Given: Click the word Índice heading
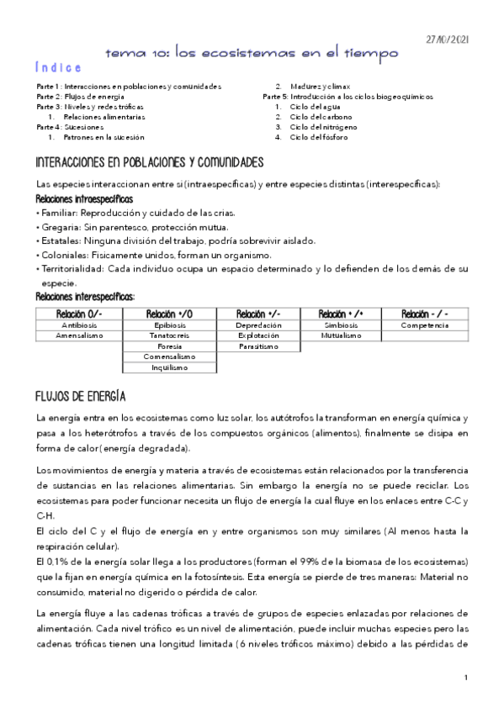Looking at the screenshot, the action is pyautogui.click(x=59, y=68).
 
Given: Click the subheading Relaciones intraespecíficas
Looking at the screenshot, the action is pyautogui.click(x=84, y=199).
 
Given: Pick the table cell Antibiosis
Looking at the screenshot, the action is pyautogui.click(x=79, y=325).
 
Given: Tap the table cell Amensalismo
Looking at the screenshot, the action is pyautogui.click(x=79, y=335).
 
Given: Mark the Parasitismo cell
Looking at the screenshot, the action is pyautogui.click(x=258, y=346).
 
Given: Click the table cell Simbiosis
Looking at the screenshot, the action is pyautogui.click(x=341, y=325).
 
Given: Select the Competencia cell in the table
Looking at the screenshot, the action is pyautogui.click(x=424, y=325).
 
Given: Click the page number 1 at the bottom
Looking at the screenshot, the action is pyautogui.click(x=465, y=678).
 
